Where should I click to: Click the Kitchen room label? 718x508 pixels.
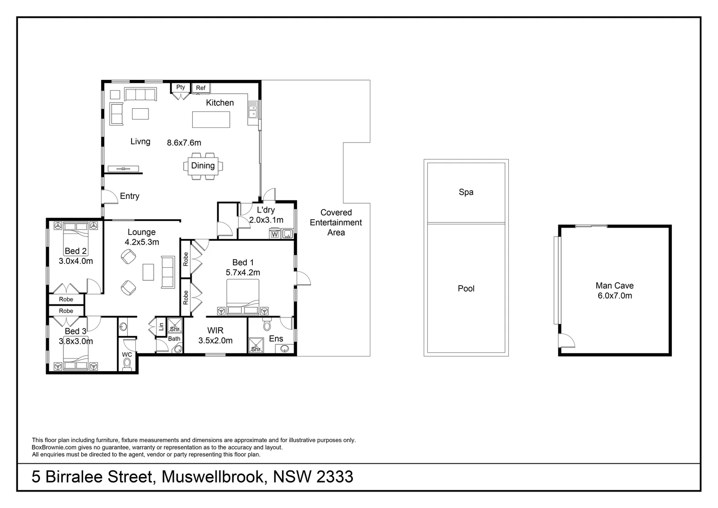click(219, 103)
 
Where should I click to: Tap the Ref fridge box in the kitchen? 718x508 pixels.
click(201, 88)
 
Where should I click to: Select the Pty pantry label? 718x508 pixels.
click(180, 87)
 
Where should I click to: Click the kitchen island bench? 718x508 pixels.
click(211, 119)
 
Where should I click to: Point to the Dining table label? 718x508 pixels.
click(203, 166)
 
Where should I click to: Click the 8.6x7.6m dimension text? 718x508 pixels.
click(184, 143)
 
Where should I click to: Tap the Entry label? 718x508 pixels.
click(129, 196)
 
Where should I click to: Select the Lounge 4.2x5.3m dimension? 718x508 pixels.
click(141, 242)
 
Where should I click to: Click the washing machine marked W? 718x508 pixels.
click(275, 234)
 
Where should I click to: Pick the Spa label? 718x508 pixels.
click(466, 192)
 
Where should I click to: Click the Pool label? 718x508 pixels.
click(466, 288)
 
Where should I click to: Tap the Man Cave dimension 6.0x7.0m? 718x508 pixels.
click(614, 296)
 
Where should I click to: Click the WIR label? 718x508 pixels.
click(215, 331)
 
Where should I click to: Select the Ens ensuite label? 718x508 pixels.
click(276, 339)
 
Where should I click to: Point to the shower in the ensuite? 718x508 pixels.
click(256, 345)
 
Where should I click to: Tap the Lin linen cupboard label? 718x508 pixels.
click(161, 326)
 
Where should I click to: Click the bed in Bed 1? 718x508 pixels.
click(242, 296)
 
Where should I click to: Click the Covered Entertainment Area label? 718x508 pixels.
click(336, 222)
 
